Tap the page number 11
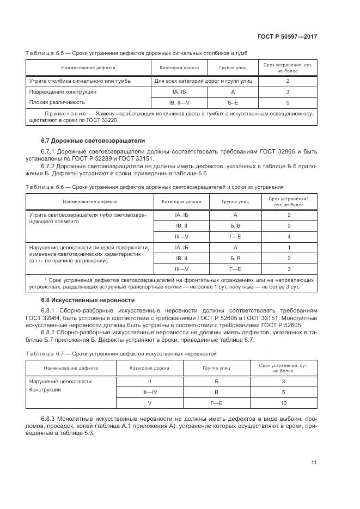click(314, 463)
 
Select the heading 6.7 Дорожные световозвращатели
click(82, 140)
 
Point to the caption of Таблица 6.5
click(128, 52)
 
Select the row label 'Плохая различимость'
click(57, 102)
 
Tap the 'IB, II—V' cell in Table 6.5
click(179, 102)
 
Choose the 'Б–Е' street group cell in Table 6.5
click(233, 102)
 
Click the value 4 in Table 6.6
click(289, 236)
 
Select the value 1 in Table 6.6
click(289, 247)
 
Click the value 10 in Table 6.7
click(283, 403)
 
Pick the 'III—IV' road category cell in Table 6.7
click(149, 392)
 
